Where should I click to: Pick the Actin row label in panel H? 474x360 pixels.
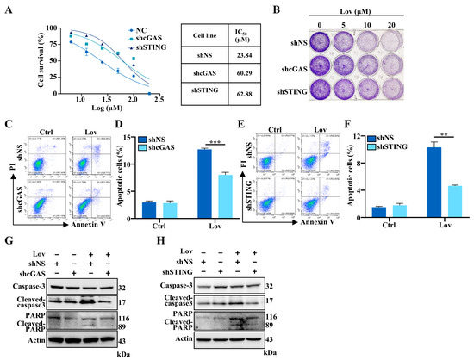(211, 342)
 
